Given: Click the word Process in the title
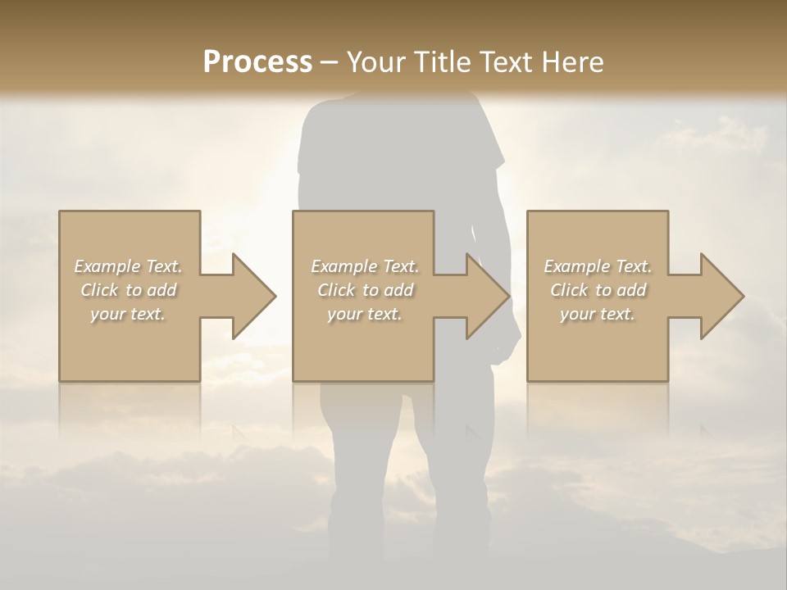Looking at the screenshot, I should [257, 62].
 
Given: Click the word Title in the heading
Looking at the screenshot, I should [440, 62].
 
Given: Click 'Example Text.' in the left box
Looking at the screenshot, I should [129, 266].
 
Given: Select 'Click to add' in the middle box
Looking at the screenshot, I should [365, 290].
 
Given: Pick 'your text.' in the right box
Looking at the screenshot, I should [598, 314].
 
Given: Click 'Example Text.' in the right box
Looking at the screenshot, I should [598, 266].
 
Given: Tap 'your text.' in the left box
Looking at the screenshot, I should [129, 314].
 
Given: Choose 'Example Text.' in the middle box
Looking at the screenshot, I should [365, 266].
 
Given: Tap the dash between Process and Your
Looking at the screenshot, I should [330, 62].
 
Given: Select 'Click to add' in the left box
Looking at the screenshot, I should [129, 290].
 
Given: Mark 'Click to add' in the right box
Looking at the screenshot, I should [598, 290].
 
